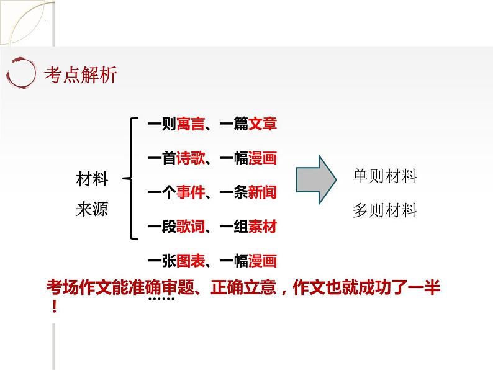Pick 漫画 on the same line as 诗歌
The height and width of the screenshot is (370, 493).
[x=263, y=158]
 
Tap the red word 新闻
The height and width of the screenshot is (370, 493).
[x=263, y=192]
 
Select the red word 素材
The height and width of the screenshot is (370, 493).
[x=263, y=227]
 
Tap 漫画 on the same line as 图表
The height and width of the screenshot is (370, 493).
[x=263, y=261]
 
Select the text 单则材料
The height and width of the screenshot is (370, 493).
[x=384, y=176]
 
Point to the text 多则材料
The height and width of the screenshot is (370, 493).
[x=384, y=210]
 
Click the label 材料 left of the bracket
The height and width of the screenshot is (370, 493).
[x=92, y=180]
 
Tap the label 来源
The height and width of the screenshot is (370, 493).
[x=92, y=209]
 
